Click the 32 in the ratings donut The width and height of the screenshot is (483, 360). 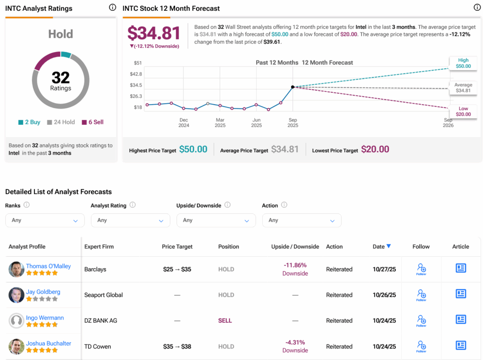[60, 77]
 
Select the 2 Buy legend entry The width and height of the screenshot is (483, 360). [29, 122]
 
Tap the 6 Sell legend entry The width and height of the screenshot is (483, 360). [92, 122]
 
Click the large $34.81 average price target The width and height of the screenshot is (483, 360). [154, 33]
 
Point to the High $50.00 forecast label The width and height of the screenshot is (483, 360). [463, 63]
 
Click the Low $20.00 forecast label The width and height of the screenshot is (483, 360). [463, 111]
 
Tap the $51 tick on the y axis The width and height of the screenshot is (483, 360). [138, 63]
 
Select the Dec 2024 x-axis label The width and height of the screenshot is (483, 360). [183, 123]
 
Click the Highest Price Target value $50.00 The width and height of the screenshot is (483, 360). [193, 149]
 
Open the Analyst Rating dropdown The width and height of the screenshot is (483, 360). [130, 220]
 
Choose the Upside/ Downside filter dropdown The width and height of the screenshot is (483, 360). [216, 220]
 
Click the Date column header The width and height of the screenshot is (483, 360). [382, 246]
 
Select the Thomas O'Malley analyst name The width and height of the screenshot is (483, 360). [48, 266]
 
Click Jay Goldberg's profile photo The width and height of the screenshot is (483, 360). [17, 295]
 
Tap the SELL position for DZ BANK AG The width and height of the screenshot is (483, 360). [225, 320]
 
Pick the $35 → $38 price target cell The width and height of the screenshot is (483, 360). [177, 346]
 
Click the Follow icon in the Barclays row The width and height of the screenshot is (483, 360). [421, 269]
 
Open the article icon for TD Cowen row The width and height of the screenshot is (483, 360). [460, 345]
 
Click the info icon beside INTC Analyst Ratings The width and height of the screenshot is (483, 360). [112, 8]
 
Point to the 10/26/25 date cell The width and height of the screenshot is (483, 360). [384, 295]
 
